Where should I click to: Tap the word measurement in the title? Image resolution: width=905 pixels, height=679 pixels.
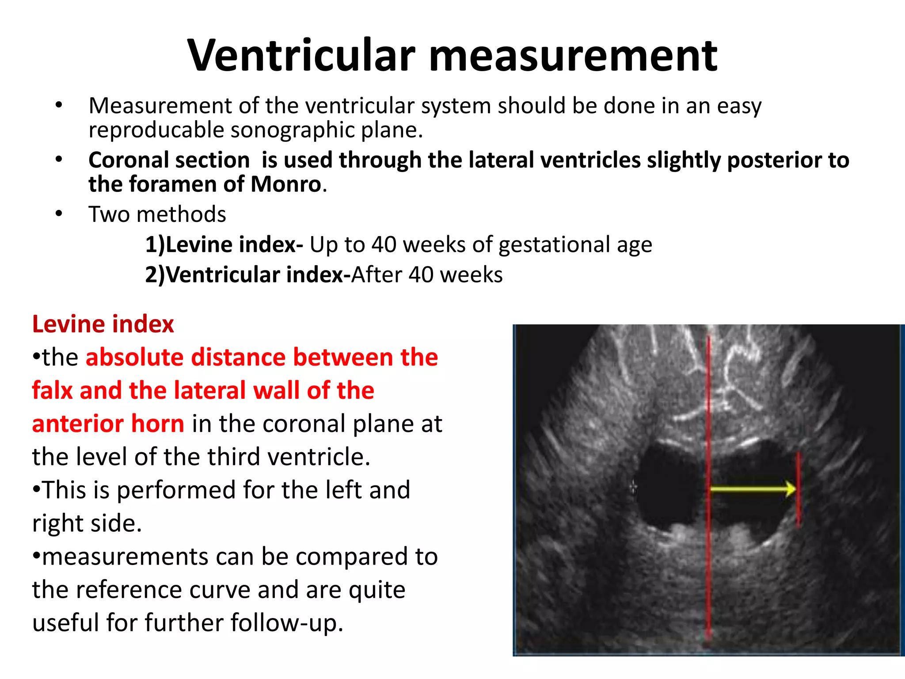(573, 57)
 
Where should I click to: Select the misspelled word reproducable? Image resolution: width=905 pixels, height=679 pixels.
(156, 130)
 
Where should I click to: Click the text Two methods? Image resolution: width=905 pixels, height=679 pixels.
(157, 214)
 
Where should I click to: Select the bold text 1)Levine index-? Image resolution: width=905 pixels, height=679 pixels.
(224, 244)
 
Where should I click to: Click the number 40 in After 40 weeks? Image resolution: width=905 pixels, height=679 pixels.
(421, 275)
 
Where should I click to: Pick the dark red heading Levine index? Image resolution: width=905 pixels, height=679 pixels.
(103, 324)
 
